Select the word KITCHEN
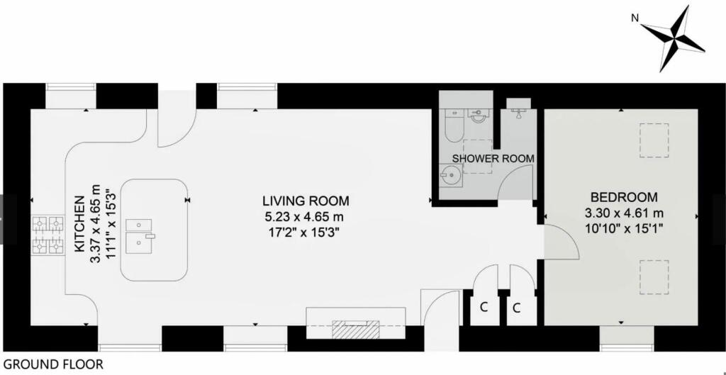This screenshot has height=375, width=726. click(79, 225)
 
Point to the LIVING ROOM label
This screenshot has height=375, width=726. click(306, 201)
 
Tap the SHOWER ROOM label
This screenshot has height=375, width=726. click(493, 157)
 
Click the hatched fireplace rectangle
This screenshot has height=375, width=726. click(356, 330)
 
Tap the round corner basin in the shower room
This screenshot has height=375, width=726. click(449, 174)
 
